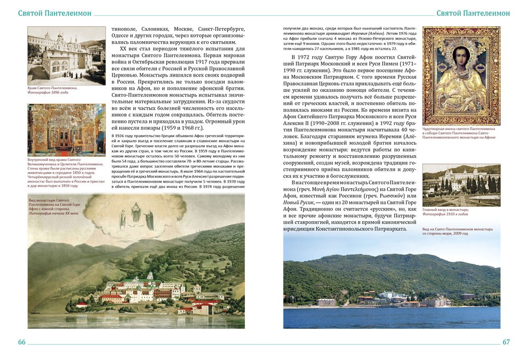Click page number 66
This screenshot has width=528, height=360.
pos(22,342)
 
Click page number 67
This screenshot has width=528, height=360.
pos(506,342)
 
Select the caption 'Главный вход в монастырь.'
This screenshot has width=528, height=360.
pos(446,210)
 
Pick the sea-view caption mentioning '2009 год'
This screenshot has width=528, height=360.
pos(457,231)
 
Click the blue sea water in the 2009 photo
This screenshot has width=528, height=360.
pos(391,317)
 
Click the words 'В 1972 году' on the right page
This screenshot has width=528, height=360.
pos(308,56)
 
